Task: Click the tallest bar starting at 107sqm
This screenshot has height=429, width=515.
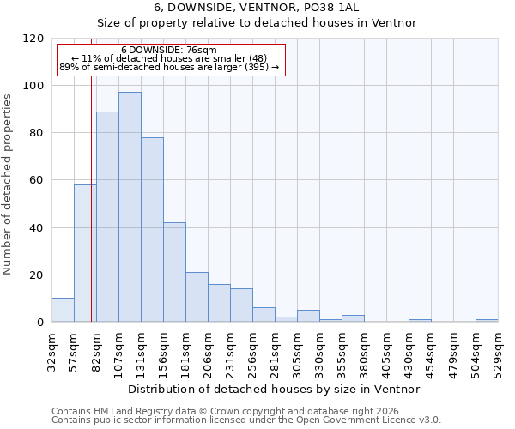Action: [130, 207]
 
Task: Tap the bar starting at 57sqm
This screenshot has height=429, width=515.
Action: [85, 253]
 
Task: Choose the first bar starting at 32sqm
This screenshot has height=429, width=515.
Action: [63, 310]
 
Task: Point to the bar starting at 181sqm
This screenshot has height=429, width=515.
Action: [197, 297]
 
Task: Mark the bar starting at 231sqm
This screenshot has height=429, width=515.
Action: [241, 305]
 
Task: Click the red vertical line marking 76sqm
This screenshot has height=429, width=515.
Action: [91, 214]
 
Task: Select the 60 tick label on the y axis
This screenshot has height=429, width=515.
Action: [37, 180]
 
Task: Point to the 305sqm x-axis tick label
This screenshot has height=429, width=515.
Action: [297, 353]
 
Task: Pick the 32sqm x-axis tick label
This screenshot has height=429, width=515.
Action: [51, 351]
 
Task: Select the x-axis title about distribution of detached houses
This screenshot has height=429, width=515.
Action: [274, 389]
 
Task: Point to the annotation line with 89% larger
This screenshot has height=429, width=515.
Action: [169, 67]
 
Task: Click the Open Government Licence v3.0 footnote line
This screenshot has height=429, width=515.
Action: [246, 420]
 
